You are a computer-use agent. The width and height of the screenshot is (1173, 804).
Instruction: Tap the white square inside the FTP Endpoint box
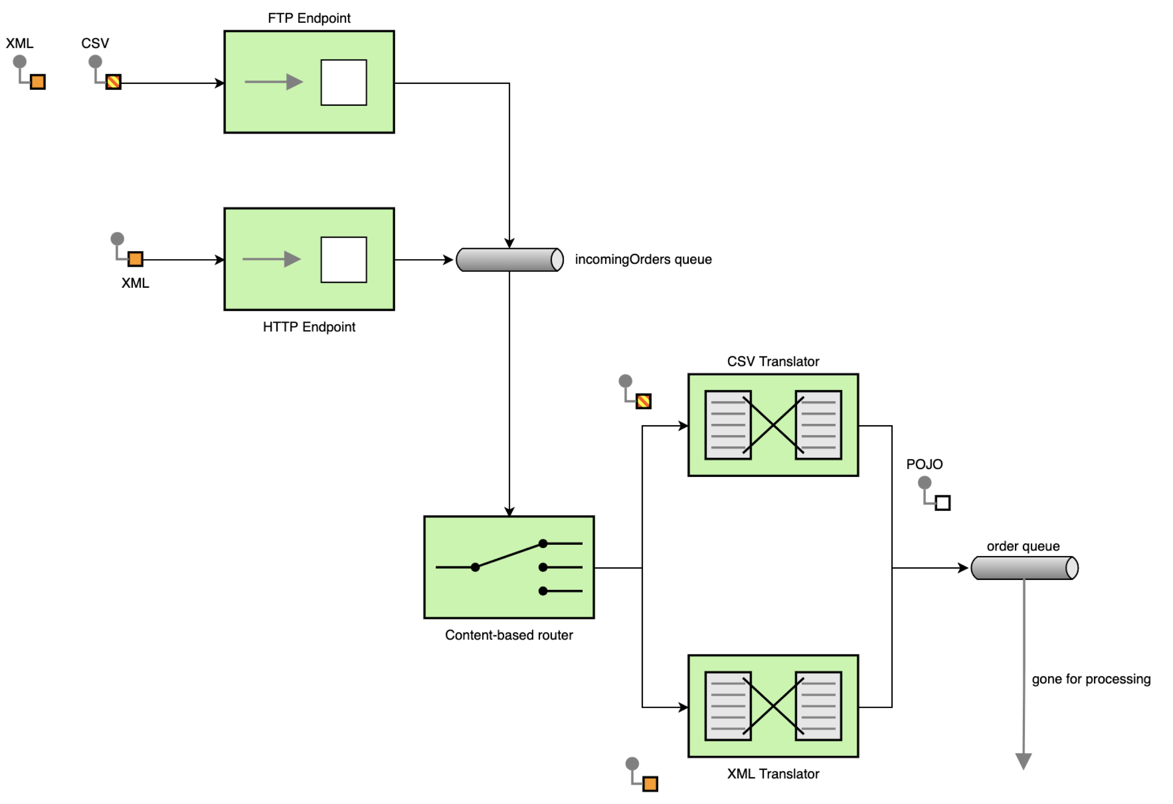(344, 82)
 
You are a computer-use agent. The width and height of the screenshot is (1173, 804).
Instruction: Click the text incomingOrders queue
(643, 259)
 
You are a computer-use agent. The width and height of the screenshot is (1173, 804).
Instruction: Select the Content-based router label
(509, 635)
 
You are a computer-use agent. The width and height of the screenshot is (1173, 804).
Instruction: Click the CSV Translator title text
(773, 361)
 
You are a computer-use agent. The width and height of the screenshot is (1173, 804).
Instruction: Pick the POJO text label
(924, 464)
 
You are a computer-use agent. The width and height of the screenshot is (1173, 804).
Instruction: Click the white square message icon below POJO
(942, 503)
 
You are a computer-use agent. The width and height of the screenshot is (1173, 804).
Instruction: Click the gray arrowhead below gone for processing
(1023, 760)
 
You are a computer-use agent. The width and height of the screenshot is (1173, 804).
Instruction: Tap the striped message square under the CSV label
(113, 82)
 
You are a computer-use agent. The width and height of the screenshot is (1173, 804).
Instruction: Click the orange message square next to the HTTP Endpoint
(135, 259)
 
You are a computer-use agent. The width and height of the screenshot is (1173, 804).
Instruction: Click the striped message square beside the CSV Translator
(643, 401)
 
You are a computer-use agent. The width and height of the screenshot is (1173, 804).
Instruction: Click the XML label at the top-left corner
(20, 44)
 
